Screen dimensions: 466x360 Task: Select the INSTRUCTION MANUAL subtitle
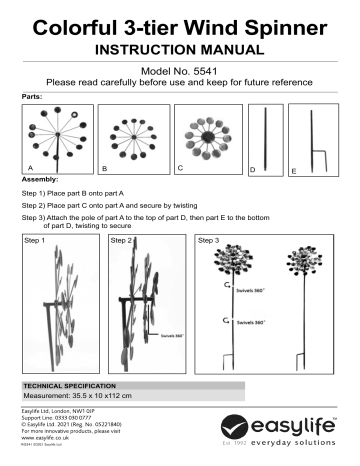click(x=180, y=47)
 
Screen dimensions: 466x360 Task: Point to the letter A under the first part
click(x=29, y=172)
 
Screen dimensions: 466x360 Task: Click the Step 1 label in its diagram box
click(x=36, y=241)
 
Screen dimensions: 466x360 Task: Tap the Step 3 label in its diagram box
click(x=212, y=241)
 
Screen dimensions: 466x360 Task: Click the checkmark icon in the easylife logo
click(x=260, y=429)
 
